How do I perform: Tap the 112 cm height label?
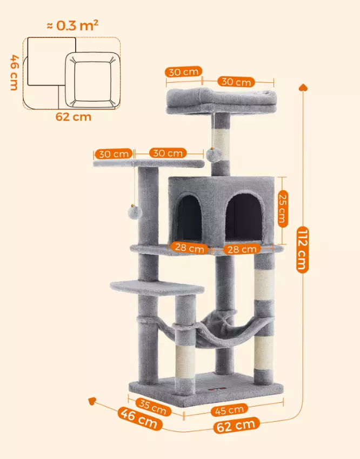[x=302, y=249]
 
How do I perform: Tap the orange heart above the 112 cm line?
[x=302, y=87]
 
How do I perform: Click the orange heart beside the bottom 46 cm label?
[x=93, y=401]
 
